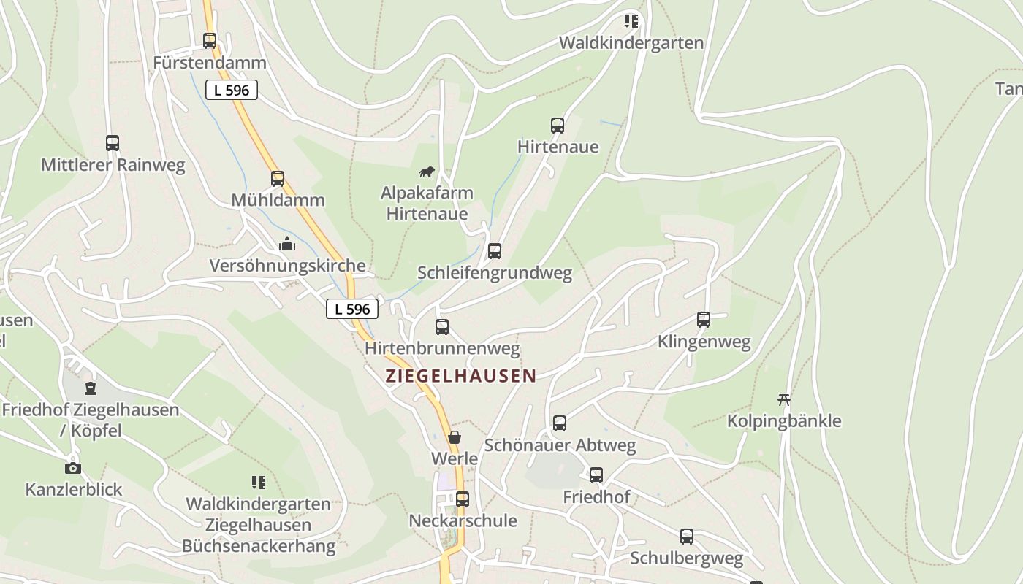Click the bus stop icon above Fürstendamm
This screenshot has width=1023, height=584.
tap(210, 41)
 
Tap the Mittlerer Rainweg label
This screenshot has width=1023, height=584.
tap(113, 165)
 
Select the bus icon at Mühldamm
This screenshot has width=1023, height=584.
tap(278, 178)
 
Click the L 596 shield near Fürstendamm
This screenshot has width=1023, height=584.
tap(232, 91)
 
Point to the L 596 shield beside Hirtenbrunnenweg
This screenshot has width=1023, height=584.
tap(352, 309)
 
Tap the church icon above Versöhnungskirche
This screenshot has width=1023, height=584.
tap(287, 244)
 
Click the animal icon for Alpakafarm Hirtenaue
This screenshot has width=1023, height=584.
tap(427, 172)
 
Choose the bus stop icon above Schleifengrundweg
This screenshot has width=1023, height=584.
tap(495, 251)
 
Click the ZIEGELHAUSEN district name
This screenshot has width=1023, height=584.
tap(460, 377)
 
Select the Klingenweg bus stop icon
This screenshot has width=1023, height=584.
tap(704, 320)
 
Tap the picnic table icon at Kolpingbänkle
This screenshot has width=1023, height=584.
tap(784, 399)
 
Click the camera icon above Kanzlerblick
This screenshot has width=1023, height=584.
tap(73, 468)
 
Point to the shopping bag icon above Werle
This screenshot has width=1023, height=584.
tap(455, 437)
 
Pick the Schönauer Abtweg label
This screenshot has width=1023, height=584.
tap(560, 445)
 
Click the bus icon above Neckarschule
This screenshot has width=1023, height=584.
tap(463, 499)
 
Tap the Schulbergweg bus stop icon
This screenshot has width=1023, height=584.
tap(687, 537)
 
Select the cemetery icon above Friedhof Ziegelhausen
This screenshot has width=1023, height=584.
tap(91, 388)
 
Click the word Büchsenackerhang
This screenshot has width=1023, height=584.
tap(259, 546)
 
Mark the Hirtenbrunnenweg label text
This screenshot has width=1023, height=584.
tap(442, 349)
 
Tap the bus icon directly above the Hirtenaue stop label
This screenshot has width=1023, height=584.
tap(558, 126)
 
